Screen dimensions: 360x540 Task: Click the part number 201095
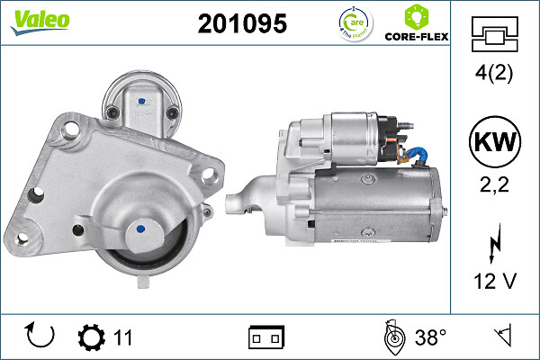point(241,24)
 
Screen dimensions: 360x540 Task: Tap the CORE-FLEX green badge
point(416,24)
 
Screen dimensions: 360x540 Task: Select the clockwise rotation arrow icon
point(41,337)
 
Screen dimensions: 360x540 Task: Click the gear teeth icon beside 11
point(91,337)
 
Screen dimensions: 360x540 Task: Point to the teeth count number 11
point(123,337)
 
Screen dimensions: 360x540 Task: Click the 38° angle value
point(431,337)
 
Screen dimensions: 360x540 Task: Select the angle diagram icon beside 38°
point(392,337)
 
